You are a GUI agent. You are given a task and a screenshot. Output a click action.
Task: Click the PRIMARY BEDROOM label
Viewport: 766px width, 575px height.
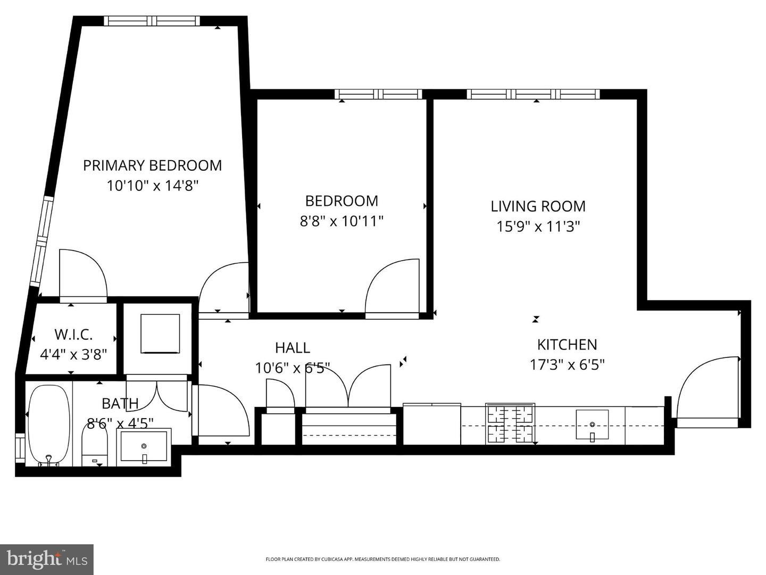point(152,165)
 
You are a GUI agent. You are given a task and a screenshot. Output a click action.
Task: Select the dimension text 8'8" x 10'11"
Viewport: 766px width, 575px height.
point(342,221)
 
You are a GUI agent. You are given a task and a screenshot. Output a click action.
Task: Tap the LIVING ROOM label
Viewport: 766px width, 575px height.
point(538,206)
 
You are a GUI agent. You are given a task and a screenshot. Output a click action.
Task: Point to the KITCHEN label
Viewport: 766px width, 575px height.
point(567,345)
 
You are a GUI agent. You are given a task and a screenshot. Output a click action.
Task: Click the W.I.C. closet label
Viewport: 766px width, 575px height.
point(73,335)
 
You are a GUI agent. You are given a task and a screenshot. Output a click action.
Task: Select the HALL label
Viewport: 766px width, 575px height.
point(292,348)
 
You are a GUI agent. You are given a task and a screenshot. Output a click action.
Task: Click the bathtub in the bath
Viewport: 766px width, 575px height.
point(48,425)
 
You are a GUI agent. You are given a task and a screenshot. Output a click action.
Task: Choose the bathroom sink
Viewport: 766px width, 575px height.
point(144,446)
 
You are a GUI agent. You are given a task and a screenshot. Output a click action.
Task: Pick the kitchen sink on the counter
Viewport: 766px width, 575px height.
point(592,425)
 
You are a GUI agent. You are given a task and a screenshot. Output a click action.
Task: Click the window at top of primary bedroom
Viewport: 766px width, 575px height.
point(152,21)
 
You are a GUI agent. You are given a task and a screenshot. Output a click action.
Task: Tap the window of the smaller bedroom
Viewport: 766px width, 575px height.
point(378,94)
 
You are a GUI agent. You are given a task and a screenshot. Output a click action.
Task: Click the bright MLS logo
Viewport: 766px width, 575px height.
point(47,560)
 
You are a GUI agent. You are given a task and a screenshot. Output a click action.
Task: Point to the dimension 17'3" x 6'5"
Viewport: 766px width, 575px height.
point(567,365)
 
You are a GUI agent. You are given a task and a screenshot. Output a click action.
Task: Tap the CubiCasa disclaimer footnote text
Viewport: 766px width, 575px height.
point(382,559)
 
